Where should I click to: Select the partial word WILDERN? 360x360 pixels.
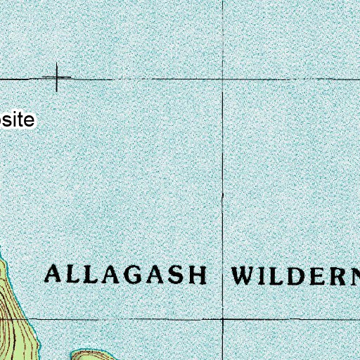pos(295,274)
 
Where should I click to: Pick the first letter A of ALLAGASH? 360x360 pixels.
pos(54,274)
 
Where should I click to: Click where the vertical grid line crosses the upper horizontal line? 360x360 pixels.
pos(223,79)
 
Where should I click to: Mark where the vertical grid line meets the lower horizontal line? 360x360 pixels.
pos(223,319)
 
